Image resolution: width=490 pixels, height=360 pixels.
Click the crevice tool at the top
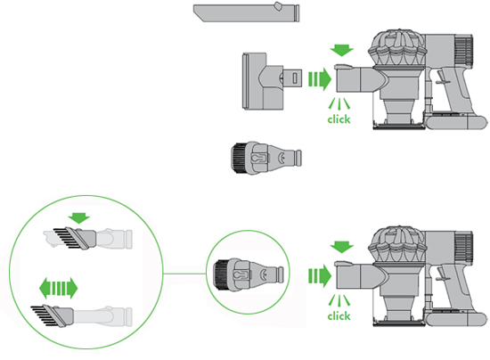[246, 12]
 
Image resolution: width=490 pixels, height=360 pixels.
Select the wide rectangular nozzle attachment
[272, 81]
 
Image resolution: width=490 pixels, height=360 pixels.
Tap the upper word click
[339, 119]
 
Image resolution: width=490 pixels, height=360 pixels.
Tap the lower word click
[339, 315]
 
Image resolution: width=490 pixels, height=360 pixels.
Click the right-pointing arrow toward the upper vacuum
[320, 79]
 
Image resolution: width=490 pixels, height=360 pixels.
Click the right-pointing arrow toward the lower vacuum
[320, 275]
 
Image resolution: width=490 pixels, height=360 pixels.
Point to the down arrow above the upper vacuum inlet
[342, 51]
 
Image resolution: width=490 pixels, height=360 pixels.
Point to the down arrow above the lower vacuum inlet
[342, 247]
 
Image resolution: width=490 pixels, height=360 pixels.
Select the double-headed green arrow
[58, 288]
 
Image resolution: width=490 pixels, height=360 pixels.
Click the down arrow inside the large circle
[79, 218]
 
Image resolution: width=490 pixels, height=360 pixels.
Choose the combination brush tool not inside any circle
[266, 158]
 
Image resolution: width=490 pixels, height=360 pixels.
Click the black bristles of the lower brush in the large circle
[44, 315]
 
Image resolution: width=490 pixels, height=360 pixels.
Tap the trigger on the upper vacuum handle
[442, 78]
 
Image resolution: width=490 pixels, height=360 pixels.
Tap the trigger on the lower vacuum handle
[442, 274]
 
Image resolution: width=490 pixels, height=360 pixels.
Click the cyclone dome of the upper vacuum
[397, 47]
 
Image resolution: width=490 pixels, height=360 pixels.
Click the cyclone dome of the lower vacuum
[397, 244]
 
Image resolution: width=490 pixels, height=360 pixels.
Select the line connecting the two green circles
[184, 274]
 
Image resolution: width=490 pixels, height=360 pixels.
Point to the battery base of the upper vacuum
[456, 121]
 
